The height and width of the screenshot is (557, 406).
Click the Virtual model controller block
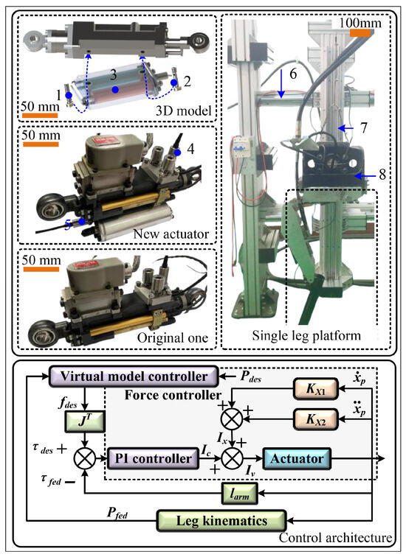[x=133, y=376]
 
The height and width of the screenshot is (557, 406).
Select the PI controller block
[x=153, y=458]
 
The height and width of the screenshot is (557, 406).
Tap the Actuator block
[x=297, y=458]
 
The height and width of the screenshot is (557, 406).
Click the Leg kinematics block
[x=221, y=521]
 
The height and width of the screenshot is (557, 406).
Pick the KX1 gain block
[x=315, y=389]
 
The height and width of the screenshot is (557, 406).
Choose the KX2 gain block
[x=315, y=419]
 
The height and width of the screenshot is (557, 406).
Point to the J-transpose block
[x=85, y=422]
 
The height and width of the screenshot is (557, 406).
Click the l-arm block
[x=239, y=494]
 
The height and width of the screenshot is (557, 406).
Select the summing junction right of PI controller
[x=232, y=458]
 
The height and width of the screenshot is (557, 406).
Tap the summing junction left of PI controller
[x=85, y=458]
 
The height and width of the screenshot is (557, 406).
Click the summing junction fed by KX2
[x=232, y=419]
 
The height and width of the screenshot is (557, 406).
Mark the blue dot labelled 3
[x=114, y=90]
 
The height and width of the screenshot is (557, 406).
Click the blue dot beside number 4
[x=178, y=153]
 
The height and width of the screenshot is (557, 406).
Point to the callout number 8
[x=382, y=175]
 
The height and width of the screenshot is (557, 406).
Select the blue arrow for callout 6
[x=281, y=83]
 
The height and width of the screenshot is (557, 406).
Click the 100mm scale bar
[x=360, y=33]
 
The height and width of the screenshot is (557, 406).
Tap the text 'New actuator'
[x=171, y=234]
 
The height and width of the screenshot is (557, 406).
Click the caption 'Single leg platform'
[x=306, y=336]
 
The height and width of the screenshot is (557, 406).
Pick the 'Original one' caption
[x=173, y=337]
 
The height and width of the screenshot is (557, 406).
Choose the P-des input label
[x=250, y=377]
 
